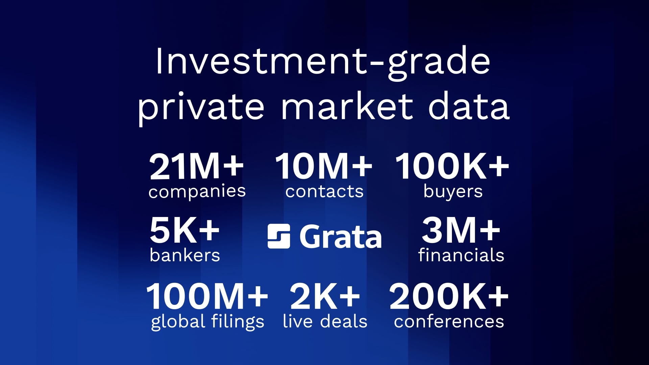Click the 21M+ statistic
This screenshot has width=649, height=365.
pyautogui.click(x=196, y=167)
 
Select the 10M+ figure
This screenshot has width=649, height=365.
pyautogui.click(x=324, y=167)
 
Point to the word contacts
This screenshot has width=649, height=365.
pyautogui.click(x=324, y=192)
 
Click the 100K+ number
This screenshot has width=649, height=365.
pyautogui.click(x=452, y=167)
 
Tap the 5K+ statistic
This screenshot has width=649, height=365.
pyautogui.click(x=185, y=231)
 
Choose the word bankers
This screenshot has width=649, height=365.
pyautogui.click(x=185, y=255)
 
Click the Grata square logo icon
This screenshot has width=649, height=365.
pyautogui.click(x=279, y=236)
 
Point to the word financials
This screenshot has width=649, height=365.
pyautogui.click(x=461, y=255)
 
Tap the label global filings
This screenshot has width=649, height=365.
pyautogui.click(x=208, y=322)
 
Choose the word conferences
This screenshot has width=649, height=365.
pyautogui.click(x=449, y=322)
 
